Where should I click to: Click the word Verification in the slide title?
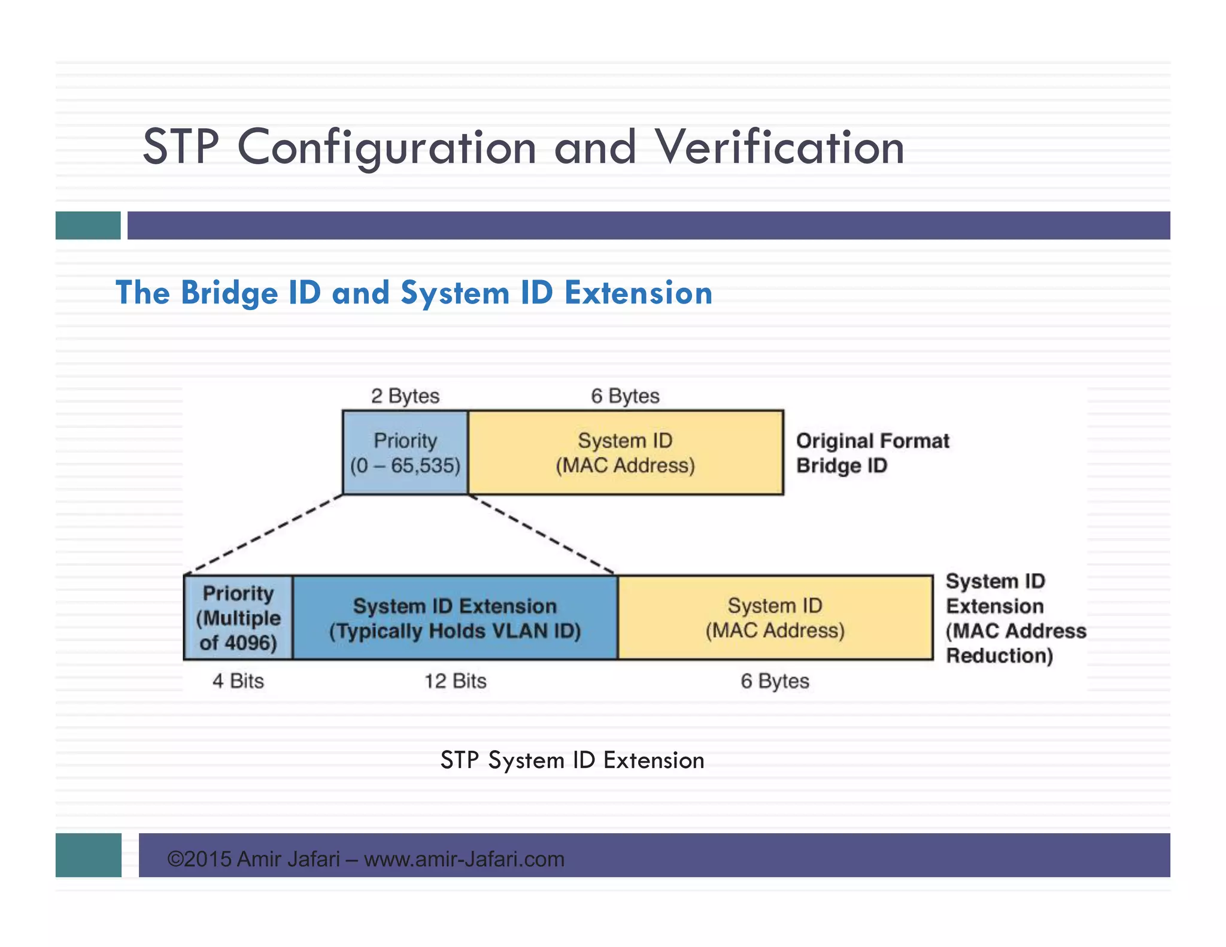pyautogui.click(x=779, y=147)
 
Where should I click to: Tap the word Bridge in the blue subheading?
pyautogui.click(x=229, y=293)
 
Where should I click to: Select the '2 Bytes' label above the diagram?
pyautogui.click(x=405, y=396)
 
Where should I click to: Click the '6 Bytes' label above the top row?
pyautogui.click(x=625, y=396)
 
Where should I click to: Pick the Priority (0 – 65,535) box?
pyautogui.click(x=405, y=453)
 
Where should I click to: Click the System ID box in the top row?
pyautogui.click(x=625, y=453)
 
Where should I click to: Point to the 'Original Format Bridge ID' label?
pyautogui.click(x=872, y=453)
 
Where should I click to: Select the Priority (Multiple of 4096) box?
pyautogui.click(x=238, y=618)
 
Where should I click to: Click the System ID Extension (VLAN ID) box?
pyautogui.click(x=455, y=618)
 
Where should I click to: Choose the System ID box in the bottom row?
pyautogui.click(x=775, y=618)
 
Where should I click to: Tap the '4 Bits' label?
pyautogui.click(x=238, y=681)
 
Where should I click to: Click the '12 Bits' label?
pyautogui.click(x=455, y=681)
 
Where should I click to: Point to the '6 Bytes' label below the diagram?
pyautogui.click(x=775, y=681)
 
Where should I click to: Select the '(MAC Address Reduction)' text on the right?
pyautogui.click(x=1015, y=643)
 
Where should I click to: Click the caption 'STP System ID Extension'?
pyautogui.click(x=572, y=760)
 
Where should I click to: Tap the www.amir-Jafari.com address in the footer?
pyautogui.click(x=464, y=859)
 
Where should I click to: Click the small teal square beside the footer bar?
pyautogui.click(x=88, y=855)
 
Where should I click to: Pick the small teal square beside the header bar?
pyautogui.click(x=88, y=225)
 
